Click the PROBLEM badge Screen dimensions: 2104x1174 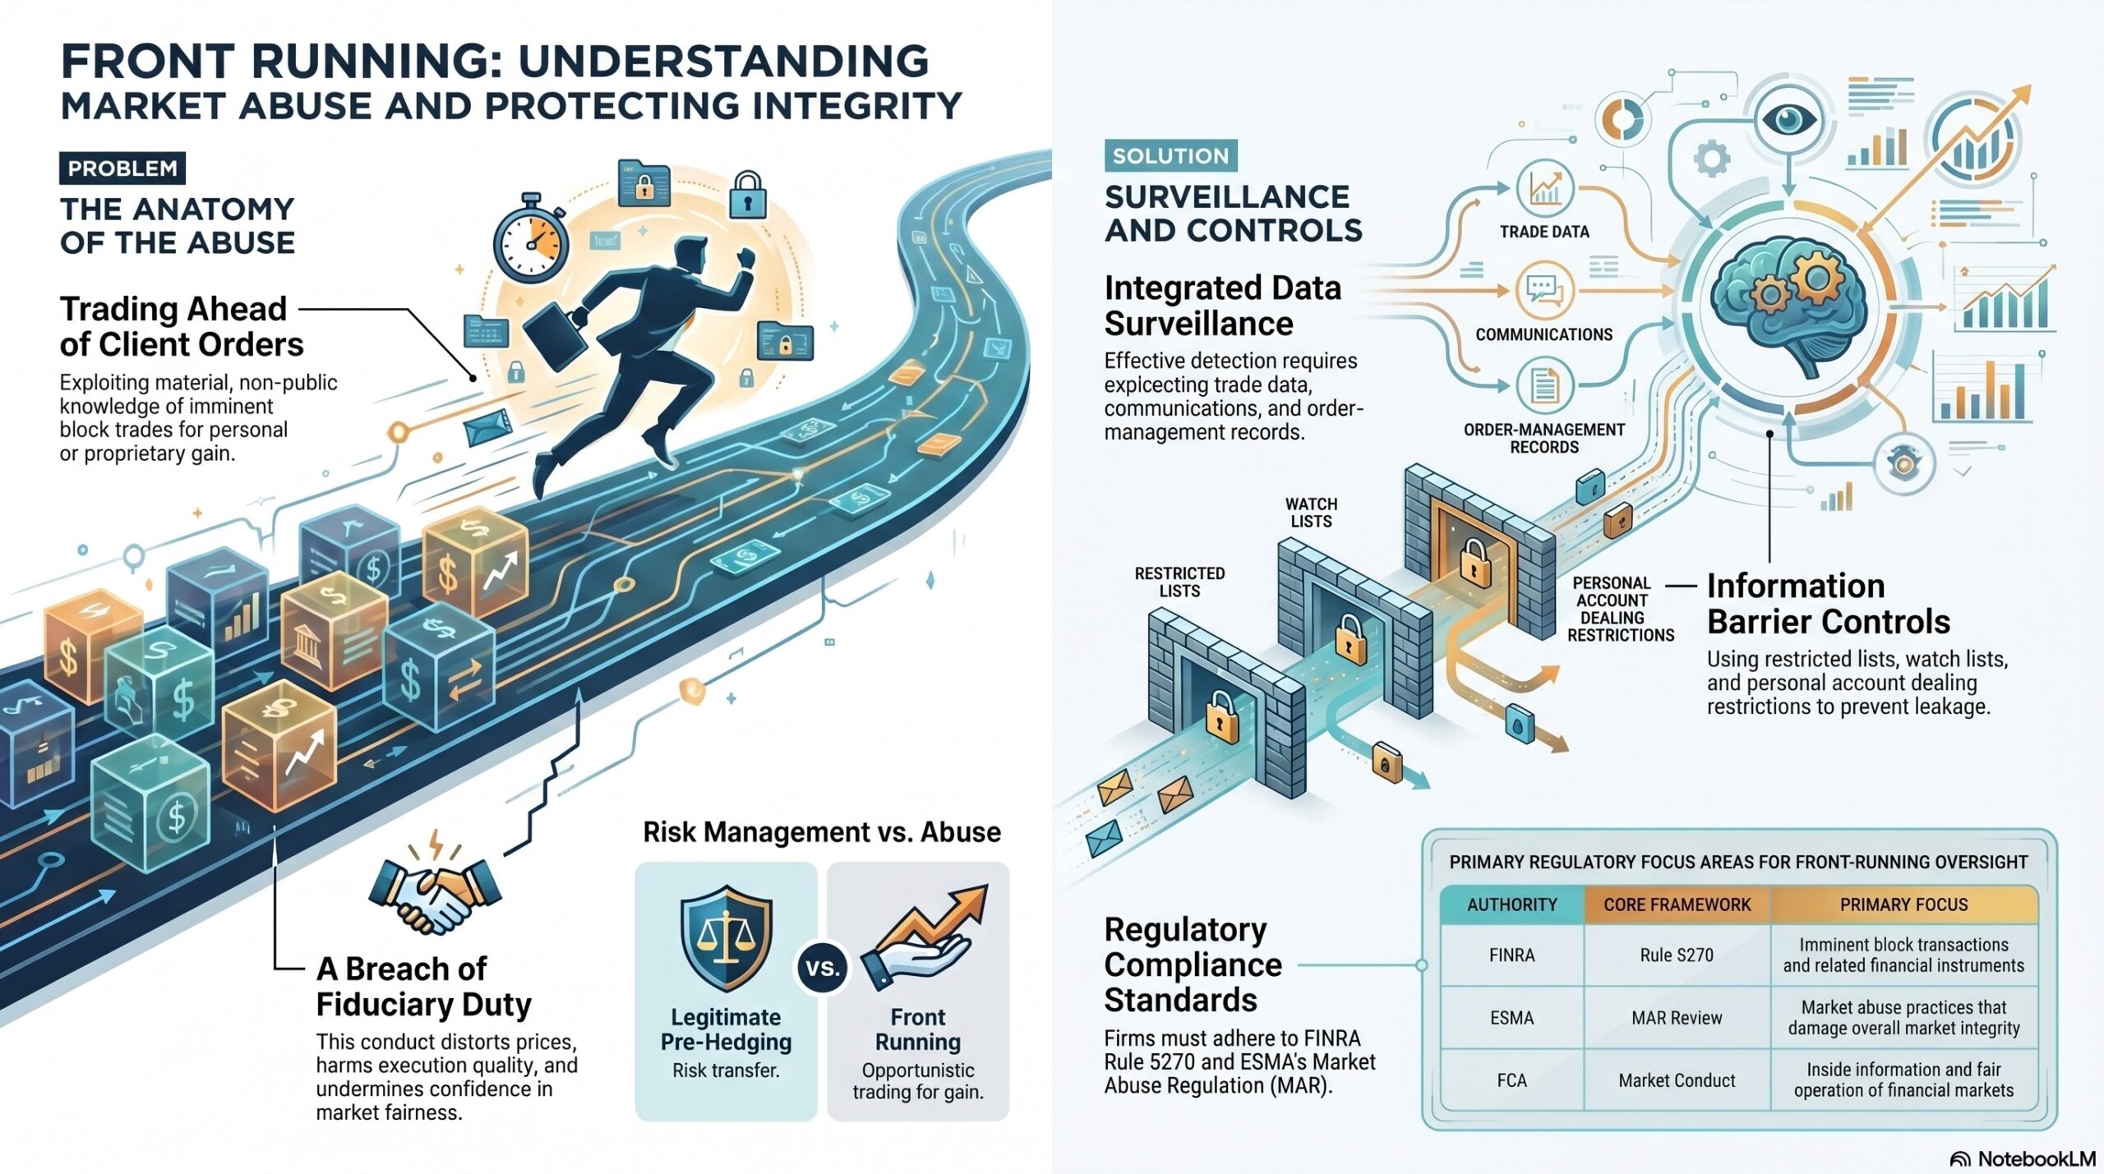122,168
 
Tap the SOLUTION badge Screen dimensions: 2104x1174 1170,155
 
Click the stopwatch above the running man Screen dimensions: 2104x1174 531,239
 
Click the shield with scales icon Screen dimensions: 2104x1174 727,938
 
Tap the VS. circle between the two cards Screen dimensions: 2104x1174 822,968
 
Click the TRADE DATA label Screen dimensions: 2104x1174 1544,232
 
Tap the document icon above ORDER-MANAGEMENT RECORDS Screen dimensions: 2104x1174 1544,385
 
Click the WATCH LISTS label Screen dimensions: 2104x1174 1311,513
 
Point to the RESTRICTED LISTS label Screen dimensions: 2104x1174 1179,582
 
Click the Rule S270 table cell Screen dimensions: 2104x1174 1677,955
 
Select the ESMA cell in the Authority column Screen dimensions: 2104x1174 1512,1018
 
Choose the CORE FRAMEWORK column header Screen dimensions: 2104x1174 1677,905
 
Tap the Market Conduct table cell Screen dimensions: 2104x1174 1677,1080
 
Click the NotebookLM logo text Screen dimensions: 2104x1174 2036,1158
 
